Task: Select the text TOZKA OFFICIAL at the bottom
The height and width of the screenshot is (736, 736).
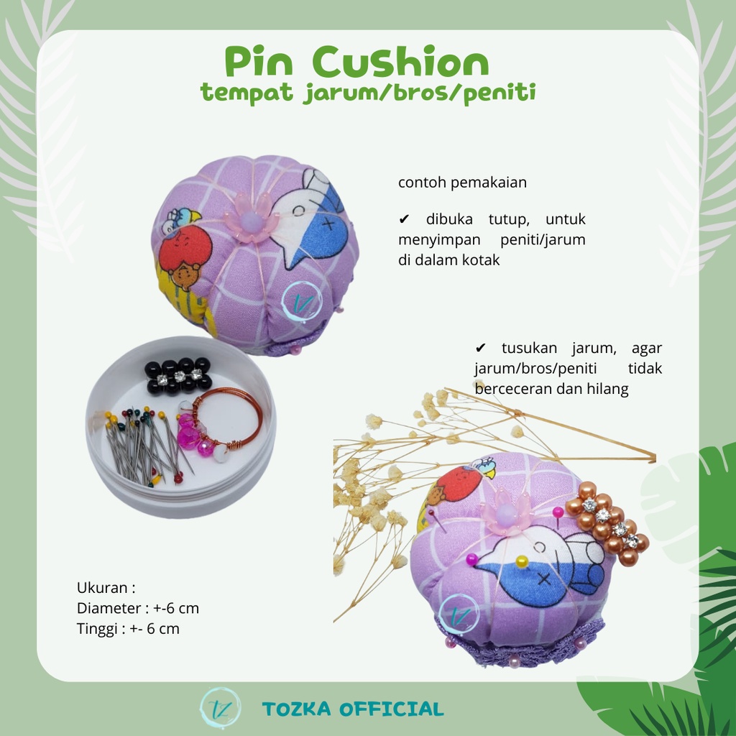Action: [353, 709]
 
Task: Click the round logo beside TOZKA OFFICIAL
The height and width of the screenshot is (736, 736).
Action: [219, 708]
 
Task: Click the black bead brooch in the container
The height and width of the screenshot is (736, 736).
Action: [178, 375]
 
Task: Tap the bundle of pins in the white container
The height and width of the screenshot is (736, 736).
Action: [140, 444]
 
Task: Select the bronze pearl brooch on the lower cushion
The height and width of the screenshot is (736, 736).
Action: [608, 529]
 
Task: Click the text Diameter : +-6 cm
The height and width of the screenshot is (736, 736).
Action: [138, 608]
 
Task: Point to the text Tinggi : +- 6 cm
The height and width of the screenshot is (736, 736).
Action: [128, 629]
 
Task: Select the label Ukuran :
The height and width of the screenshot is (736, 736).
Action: [106, 587]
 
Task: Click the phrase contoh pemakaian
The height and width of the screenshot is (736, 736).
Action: [462, 183]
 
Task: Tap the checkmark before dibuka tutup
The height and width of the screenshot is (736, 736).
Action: [403, 219]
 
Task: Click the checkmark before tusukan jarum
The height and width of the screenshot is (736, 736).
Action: [481, 349]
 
